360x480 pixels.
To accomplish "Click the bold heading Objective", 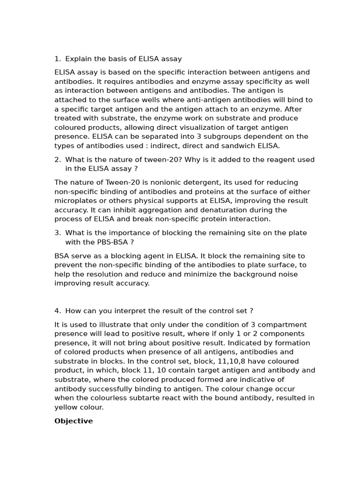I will [x=74, y=421].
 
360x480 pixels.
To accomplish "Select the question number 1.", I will [x=57, y=59].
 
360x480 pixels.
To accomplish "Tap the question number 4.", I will [x=57, y=311].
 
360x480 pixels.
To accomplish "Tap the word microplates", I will [x=75, y=201].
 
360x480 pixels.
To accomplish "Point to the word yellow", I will [x=66, y=407].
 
